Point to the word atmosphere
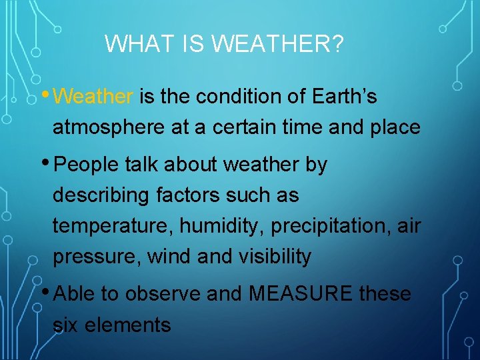[x=109, y=127]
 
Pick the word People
[x=86, y=165]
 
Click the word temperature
[x=113, y=227]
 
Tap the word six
[x=66, y=325]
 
